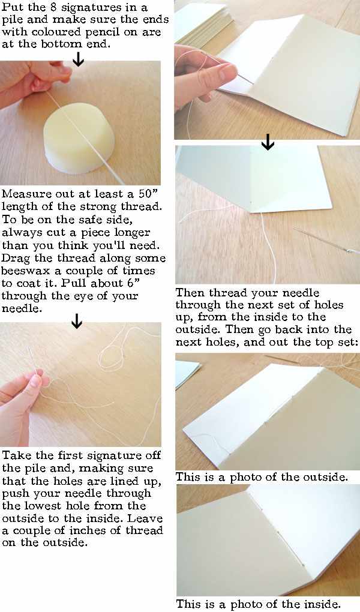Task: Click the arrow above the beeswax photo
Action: click(x=77, y=59)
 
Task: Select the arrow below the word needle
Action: click(x=76, y=322)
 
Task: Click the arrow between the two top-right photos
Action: click(x=268, y=143)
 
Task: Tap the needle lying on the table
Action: click(x=327, y=239)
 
